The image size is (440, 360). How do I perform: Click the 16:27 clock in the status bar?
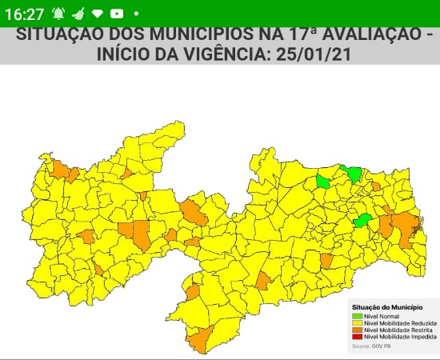[x=24, y=13]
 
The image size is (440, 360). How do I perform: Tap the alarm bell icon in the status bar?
[x=58, y=14]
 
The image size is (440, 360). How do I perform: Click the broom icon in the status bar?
[x=78, y=14]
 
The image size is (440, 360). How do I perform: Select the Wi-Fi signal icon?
[x=98, y=14]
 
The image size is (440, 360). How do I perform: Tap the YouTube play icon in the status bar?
[x=117, y=14]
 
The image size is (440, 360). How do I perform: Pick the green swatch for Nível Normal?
[x=357, y=317]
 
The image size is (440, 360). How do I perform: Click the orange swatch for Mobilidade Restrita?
[x=357, y=330]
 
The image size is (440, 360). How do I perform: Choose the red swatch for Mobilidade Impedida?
[x=357, y=337]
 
